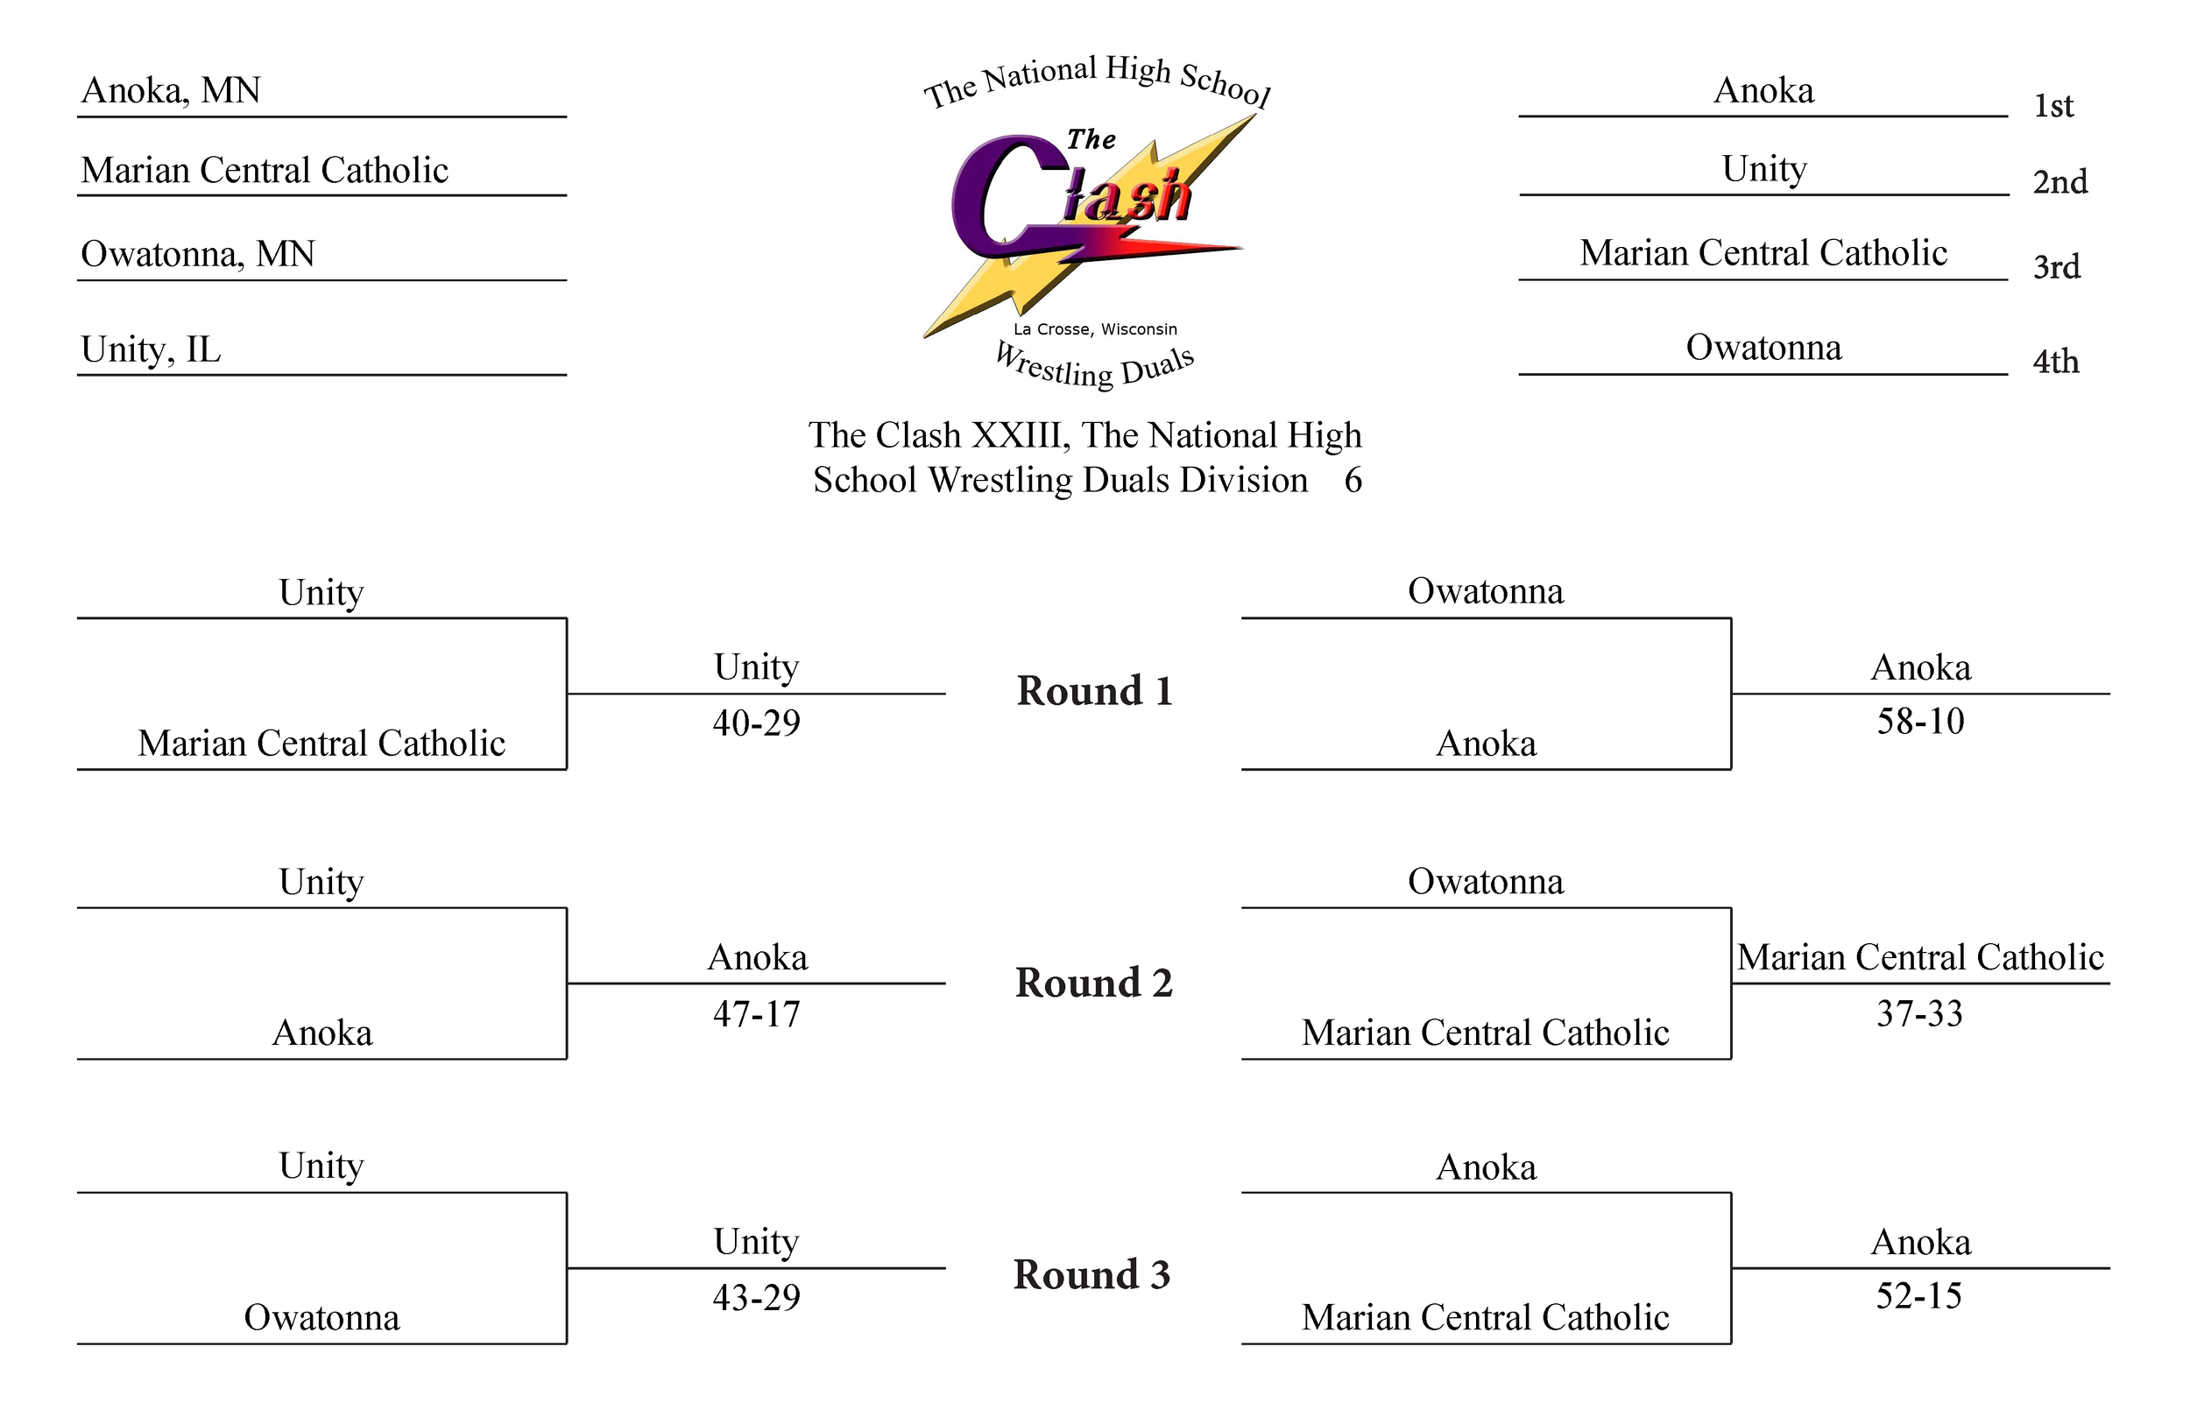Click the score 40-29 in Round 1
click(x=756, y=723)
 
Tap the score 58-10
click(x=1920, y=722)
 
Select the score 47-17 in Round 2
click(x=756, y=1014)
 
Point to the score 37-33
click(x=1919, y=1014)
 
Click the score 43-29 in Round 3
click(x=756, y=1297)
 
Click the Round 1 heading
click(x=1094, y=691)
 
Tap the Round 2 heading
click(x=1094, y=983)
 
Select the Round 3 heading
click(x=1091, y=1274)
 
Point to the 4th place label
click(x=2056, y=362)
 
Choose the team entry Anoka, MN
click(x=171, y=90)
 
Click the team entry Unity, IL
click(x=151, y=349)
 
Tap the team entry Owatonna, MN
click(x=198, y=254)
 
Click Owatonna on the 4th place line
click(x=1763, y=348)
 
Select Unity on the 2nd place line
click(x=1764, y=169)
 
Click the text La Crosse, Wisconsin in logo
click(x=1095, y=329)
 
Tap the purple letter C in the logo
click(x=999, y=198)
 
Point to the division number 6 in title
click(x=1353, y=480)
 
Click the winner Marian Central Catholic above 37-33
click(x=1920, y=958)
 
